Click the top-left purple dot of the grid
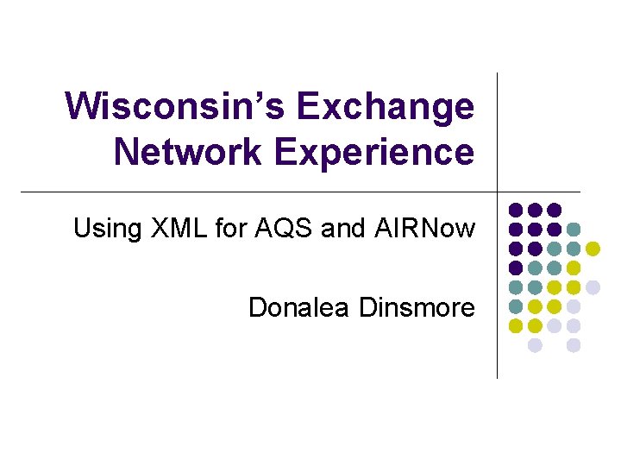pos(516,210)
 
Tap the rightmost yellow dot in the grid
pos(593,249)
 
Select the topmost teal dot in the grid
pos(574,230)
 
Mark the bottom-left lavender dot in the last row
pos(535,345)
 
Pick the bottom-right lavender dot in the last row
pos(574,345)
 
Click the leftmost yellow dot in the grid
pos(516,326)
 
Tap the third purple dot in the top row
pos(555,210)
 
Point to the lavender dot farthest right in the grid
pos(593,287)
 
